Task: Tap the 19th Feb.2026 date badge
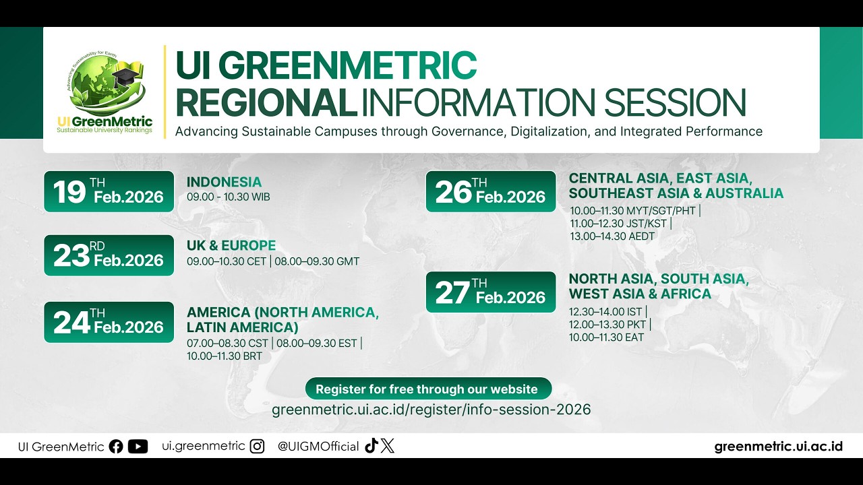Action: pyautogui.click(x=109, y=192)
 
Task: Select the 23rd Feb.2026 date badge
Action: pyautogui.click(x=109, y=255)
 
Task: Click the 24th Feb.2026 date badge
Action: pyautogui.click(x=109, y=322)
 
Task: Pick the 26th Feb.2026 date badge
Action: pyautogui.click(x=491, y=192)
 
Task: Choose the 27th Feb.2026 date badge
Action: pyautogui.click(x=491, y=292)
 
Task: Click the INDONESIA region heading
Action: pyautogui.click(x=224, y=182)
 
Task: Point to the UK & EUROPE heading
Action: pyautogui.click(x=231, y=246)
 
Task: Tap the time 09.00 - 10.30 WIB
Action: pyautogui.click(x=229, y=197)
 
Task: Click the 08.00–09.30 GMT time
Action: pyautogui.click(x=317, y=261)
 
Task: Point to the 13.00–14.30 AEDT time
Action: pyautogui.click(x=612, y=236)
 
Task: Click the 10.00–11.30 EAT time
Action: pyautogui.click(x=606, y=337)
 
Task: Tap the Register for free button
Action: pyautogui.click(x=428, y=389)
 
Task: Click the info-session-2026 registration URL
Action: pyautogui.click(x=431, y=410)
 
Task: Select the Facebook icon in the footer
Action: pyautogui.click(x=116, y=447)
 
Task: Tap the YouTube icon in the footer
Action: pyautogui.click(x=138, y=447)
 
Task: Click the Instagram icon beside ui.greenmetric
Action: pyautogui.click(x=257, y=447)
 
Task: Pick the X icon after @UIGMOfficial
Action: pyautogui.click(x=387, y=446)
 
